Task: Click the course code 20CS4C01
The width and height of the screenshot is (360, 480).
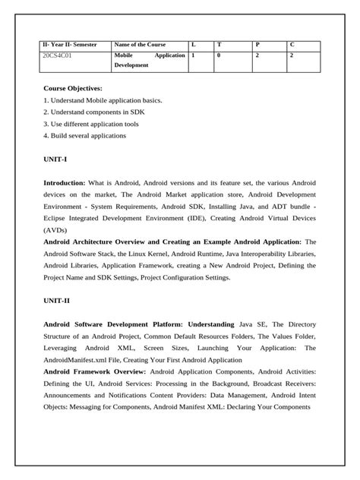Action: [58, 55]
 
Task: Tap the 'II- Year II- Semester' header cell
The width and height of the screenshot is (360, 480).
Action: [69, 45]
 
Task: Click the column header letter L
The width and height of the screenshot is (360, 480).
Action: [193, 45]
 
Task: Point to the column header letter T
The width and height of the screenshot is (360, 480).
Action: [219, 45]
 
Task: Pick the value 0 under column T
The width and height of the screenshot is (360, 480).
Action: [219, 55]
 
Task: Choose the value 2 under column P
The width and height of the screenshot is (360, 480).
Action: [257, 55]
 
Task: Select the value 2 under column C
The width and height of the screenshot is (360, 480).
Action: [293, 55]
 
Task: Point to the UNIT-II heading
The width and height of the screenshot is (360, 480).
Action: [57, 300]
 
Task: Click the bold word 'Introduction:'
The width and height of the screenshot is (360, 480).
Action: [64, 183]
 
